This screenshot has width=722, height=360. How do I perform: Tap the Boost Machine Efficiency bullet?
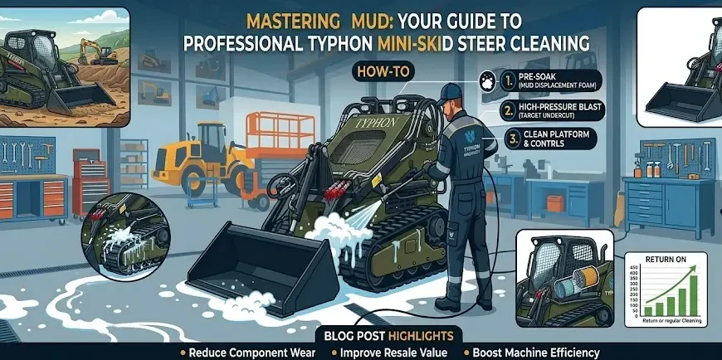point(532,352)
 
